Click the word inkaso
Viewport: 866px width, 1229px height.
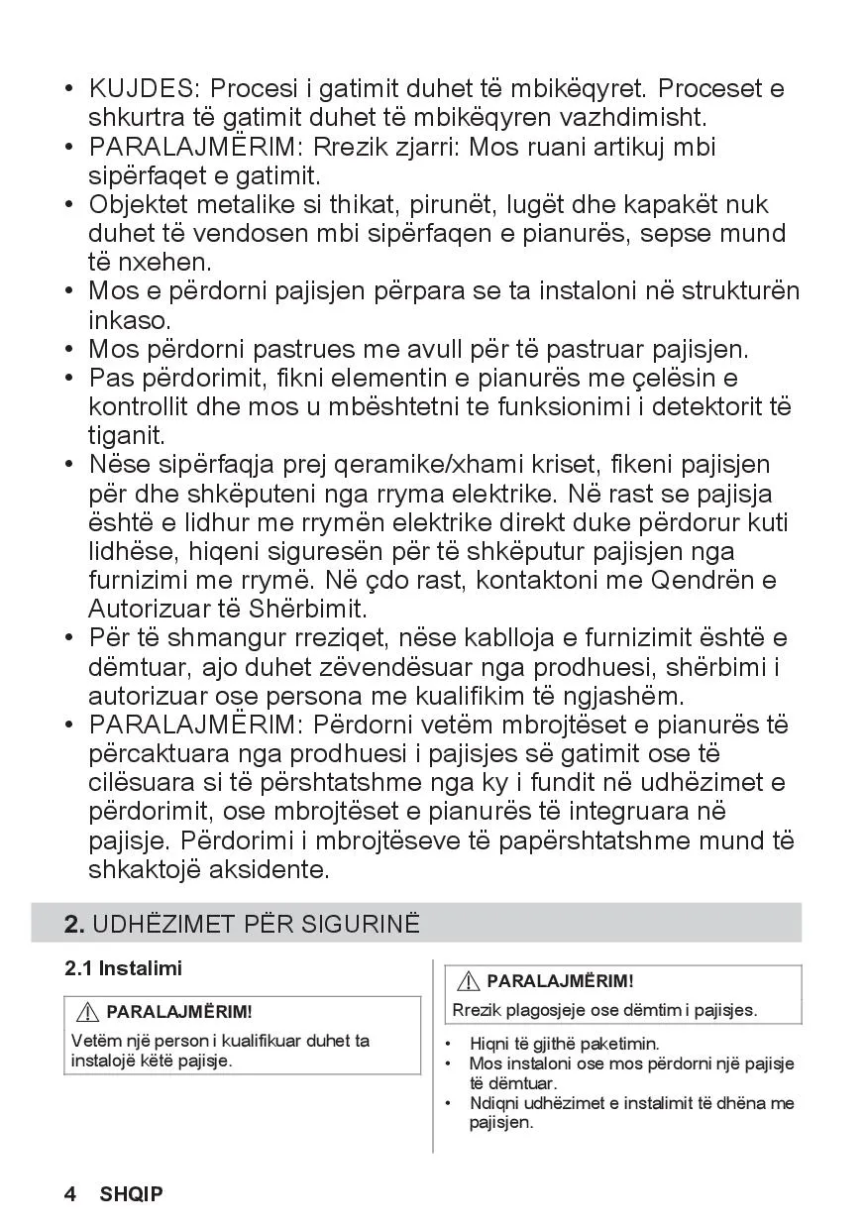pos(130,321)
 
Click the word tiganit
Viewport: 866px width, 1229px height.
pos(126,436)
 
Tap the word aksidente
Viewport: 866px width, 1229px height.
pos(268,870)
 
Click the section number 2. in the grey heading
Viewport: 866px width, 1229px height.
pos(74,925)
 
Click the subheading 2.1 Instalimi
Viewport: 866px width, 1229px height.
pos(124,968)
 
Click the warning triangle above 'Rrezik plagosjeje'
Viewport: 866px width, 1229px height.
pos(469,981)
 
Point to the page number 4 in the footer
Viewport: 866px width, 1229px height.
pos(70,1194)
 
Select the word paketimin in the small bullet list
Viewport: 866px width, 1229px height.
pos(619,1044)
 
